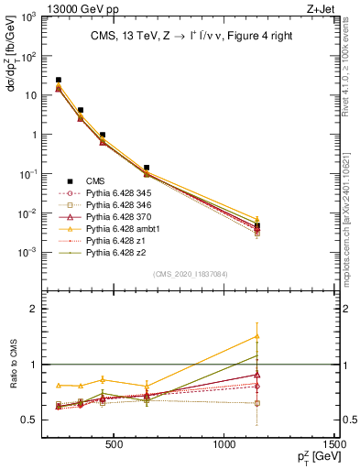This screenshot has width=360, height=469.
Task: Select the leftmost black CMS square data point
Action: pos(59,81)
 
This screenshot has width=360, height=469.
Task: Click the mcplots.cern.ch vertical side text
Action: pos(353,220)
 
